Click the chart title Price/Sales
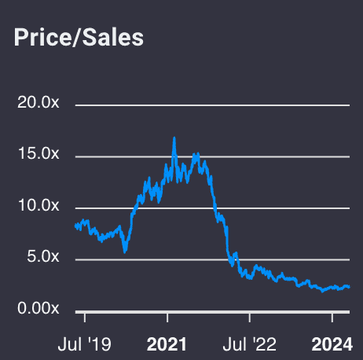click(79, 38)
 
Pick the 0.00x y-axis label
click(38, 309)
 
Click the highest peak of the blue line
click(174, 138)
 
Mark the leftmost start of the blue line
click(75, 226)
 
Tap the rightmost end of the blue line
click(349, 288)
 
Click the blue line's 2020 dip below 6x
click(124, 252)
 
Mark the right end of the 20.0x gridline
click(348, 104)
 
